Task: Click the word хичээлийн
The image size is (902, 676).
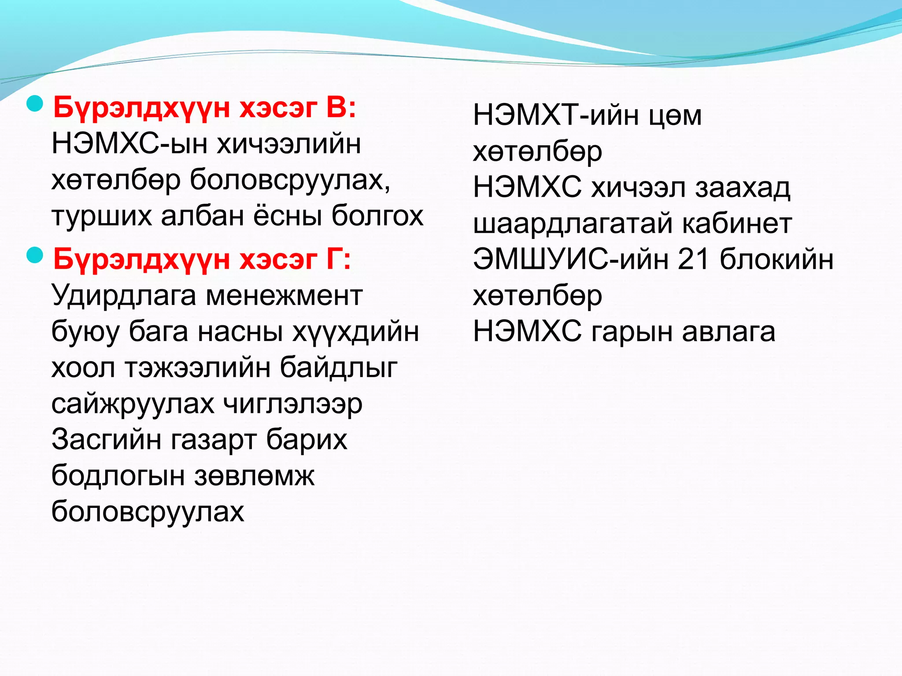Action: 289,144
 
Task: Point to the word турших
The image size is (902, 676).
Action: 101,217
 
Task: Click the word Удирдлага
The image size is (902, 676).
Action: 124,296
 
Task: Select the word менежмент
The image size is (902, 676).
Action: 284,296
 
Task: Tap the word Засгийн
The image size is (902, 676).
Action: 106,440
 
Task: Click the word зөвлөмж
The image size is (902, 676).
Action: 254,476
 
